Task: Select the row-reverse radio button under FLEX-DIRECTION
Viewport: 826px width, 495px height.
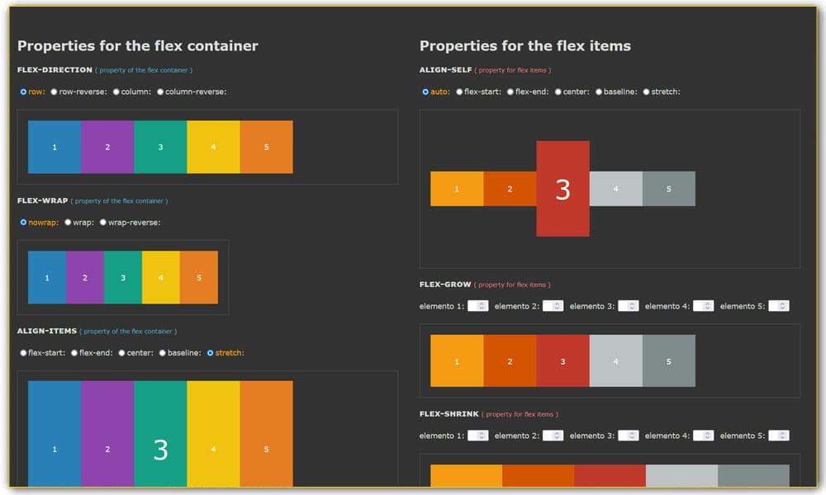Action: tap(54, 92)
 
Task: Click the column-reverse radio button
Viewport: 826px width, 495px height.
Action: tap(160, 92)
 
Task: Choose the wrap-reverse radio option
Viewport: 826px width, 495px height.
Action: tap(103, 222)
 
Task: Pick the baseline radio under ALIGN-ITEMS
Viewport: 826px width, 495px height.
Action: tap(164, 353)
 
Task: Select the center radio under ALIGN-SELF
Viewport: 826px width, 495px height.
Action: tap(558, 92)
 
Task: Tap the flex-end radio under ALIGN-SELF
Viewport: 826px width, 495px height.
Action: tap(510, 92)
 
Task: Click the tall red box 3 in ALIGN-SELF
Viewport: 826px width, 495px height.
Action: tap(563, 189)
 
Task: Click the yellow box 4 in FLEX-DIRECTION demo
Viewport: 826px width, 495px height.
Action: tap(213, 147)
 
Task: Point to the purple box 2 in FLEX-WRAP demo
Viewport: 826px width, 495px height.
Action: tap(85, 278)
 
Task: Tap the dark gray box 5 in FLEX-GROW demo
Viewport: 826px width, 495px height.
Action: tap(668, 361)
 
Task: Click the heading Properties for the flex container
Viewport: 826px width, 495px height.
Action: tap(138, 46)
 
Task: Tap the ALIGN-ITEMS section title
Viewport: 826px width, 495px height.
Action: tap(47, 331)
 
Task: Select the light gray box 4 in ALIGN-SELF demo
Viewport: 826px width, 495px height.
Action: tap(615, 189)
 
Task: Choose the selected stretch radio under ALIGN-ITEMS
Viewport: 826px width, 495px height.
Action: tap(210, 353)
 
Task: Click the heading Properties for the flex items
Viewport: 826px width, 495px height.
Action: tap(525, 46)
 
